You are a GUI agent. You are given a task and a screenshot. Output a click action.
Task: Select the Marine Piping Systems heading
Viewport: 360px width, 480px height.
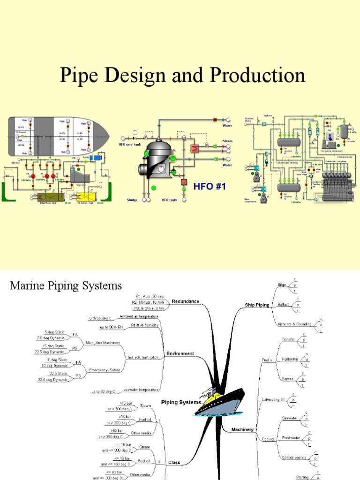coord(66,285)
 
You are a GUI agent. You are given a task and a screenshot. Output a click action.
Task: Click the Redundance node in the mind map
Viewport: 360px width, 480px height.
coord(185,301)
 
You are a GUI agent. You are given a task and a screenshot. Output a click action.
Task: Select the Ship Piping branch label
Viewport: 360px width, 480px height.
coord(257,305)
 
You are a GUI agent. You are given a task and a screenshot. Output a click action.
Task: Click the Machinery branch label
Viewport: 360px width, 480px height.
coord(243,429)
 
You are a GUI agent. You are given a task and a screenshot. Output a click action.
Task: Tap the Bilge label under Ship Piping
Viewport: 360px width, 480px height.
coord(282,285)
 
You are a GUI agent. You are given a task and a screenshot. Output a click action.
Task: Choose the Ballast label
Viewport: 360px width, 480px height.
coord(283,305)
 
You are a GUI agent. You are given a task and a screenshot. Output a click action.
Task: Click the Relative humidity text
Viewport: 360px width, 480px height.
coord(144,324)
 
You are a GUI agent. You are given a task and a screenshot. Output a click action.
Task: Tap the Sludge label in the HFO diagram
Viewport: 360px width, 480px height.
coord(133,200)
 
